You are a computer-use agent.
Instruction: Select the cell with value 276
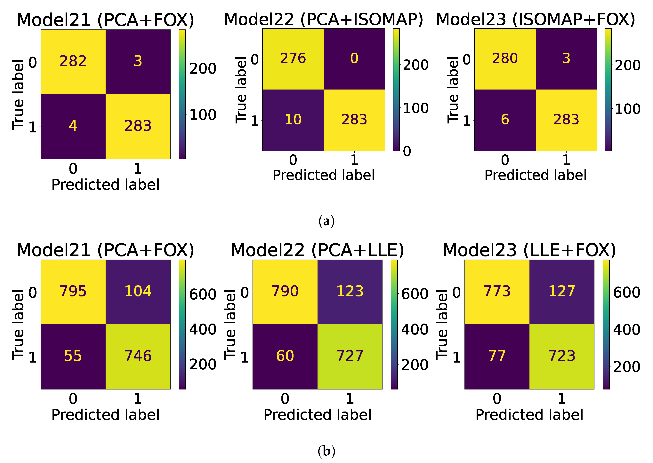[x=293, y=59]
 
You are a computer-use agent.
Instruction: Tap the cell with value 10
[x=293, y=120]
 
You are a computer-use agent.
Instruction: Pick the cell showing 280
[x=505, y=59]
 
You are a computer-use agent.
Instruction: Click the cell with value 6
[x=505, y=120]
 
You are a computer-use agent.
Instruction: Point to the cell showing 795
[x=73, y=291]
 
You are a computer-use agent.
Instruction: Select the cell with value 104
[x=138, y=291]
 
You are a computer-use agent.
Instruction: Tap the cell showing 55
[x=73, y=356]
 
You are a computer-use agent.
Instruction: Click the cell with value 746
[x=138, y=356]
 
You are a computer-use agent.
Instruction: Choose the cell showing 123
[x=350, y=291]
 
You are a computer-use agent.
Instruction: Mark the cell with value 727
[x=350, y=356]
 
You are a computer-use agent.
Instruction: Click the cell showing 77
[x=497, y=356]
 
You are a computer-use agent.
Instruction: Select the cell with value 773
[x=497, y=291]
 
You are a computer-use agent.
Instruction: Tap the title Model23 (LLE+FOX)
[x=529, y=250]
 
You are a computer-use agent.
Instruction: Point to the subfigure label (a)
[x=326, y=221]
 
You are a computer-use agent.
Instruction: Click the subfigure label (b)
[x=326, y=451]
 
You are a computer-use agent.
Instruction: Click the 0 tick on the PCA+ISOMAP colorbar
[x=407, y=151]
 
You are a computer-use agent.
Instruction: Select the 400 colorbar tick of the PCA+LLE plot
[x=415, y=330]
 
